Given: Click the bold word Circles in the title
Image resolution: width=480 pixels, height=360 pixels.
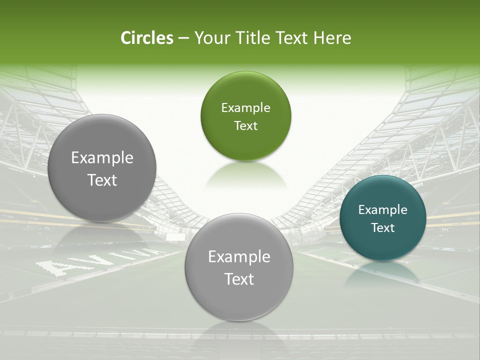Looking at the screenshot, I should click(x=147, y=38).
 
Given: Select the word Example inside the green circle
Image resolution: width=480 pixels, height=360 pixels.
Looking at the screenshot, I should click(x=245, y=108).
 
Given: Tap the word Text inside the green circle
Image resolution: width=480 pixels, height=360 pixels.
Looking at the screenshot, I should click(x=245, y=126).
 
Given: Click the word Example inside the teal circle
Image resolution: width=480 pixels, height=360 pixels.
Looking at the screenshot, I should click(x=382, y=210).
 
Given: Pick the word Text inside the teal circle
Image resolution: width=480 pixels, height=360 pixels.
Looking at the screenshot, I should click(x=382, y=228).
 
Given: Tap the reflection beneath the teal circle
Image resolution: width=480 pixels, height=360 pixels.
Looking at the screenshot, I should click(x=382, y=272).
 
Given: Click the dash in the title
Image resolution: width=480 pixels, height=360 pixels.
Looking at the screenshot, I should click(x=183, y=38).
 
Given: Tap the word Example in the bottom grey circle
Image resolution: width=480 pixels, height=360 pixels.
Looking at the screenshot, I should click(x=239, y=257).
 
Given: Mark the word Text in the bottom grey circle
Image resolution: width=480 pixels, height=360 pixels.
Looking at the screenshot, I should click(x=239, y=279).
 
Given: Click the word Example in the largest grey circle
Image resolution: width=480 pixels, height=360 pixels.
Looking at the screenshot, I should click(x=102, y=158).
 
